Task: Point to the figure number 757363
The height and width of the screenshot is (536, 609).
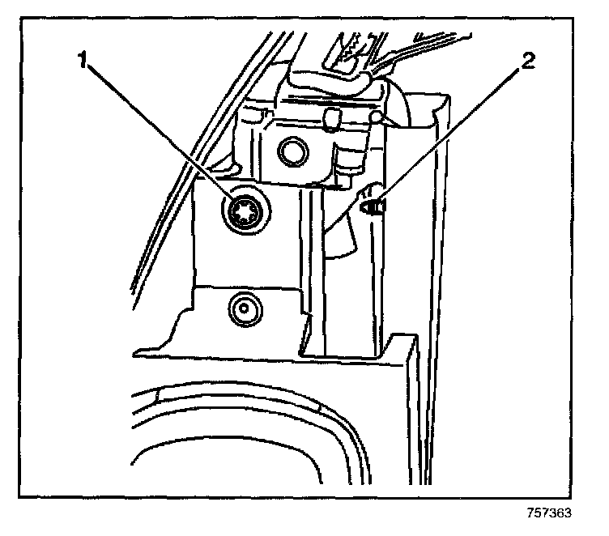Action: point(547,513)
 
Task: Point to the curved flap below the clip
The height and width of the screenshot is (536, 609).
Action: point(344,239)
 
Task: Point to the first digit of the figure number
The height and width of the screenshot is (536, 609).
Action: point(528,513)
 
